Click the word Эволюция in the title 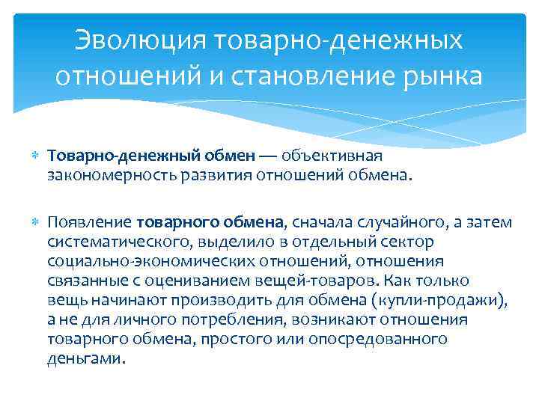point(142,43)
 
